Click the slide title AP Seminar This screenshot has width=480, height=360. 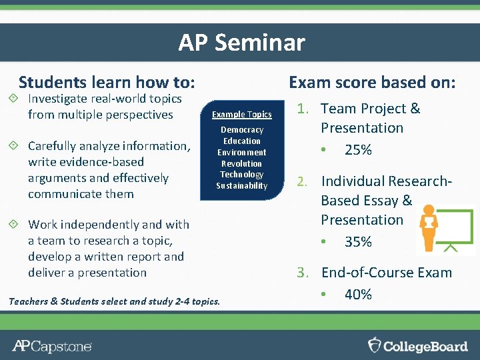coord(241,43)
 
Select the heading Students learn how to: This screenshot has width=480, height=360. coord(107,83)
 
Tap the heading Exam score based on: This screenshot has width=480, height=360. coord(372,83)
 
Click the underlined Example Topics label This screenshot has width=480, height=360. coord(241,115)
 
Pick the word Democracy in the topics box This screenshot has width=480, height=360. coord(242,130)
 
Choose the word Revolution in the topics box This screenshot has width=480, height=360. coord(241,163)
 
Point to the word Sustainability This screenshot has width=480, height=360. coord(241,186)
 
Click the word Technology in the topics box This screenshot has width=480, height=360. coord(241,175)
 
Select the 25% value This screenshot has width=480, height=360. coord(358,150)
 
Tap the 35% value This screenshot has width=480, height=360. coord(358,242)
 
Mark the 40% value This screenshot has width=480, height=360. coord(358,295)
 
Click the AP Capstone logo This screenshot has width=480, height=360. coord(52,346)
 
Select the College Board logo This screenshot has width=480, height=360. coord(418,345)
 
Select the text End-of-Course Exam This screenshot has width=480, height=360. coord(387,273)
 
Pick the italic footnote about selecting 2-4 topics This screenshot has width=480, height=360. coord(114,301)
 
